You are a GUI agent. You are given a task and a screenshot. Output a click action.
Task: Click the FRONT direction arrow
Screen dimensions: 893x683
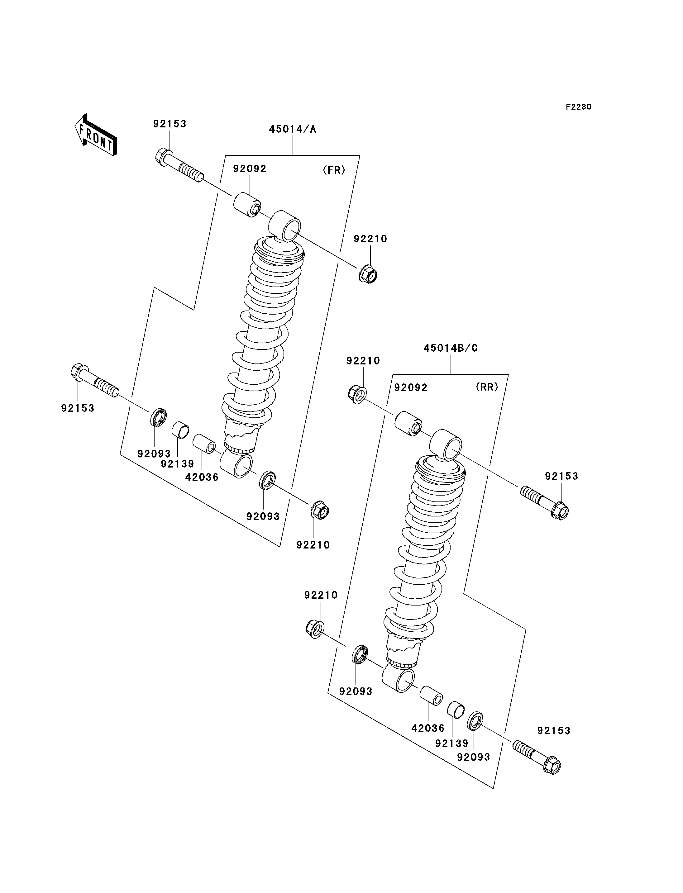(x=96, y=135)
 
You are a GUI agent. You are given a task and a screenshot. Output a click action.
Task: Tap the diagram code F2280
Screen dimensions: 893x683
(x=579, y=107)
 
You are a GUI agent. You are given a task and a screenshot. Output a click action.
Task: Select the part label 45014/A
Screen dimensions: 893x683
(x=292, y=129)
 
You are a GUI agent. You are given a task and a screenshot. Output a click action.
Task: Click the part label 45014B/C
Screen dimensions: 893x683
(x=451, y=348)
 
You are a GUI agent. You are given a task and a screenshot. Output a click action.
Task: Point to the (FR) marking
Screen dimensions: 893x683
(x=334, y=170)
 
